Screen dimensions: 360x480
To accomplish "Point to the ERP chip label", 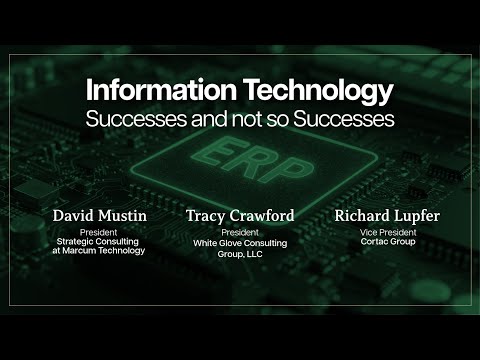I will click(x=240, y=163).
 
